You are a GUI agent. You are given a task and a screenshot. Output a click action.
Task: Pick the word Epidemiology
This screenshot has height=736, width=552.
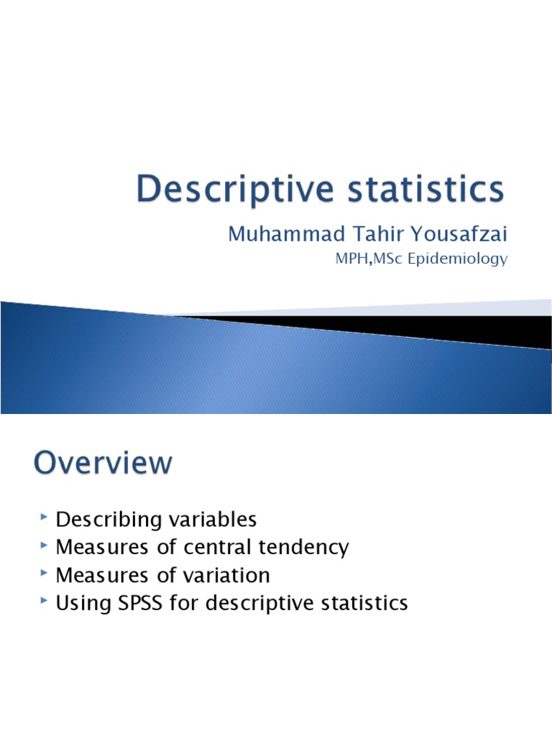(x=457, y=259)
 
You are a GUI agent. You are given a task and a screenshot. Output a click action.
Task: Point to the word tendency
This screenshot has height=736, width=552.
(x=307, y=548)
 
